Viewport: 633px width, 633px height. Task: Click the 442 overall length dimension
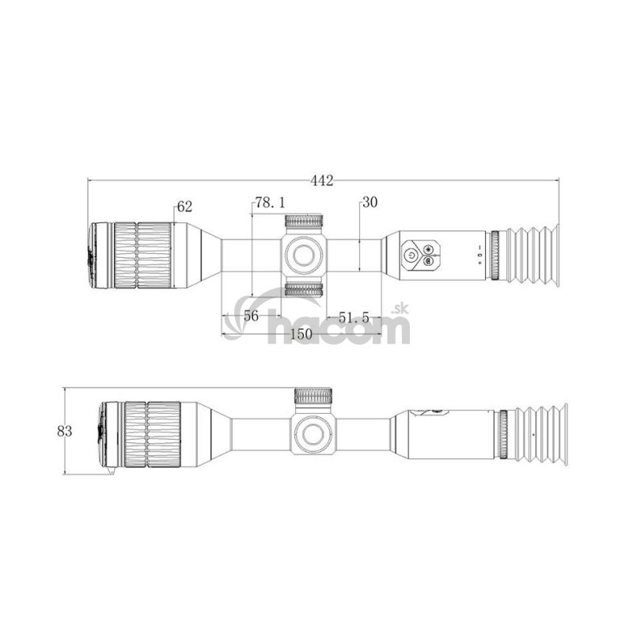[322, 180]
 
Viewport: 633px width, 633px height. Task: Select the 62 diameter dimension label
[184, 207]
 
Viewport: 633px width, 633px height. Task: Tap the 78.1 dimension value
[270, 203]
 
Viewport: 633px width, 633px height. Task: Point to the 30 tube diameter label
[370, 202]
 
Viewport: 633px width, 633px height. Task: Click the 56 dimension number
[251, 316]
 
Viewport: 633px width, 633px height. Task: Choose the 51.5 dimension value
[354, 318]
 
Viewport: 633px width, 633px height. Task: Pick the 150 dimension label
[301, 334]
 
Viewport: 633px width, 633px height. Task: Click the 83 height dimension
[65, 431]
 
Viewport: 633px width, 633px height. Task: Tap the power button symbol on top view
[411, 255]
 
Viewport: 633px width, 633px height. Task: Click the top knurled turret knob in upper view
[304, 222]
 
